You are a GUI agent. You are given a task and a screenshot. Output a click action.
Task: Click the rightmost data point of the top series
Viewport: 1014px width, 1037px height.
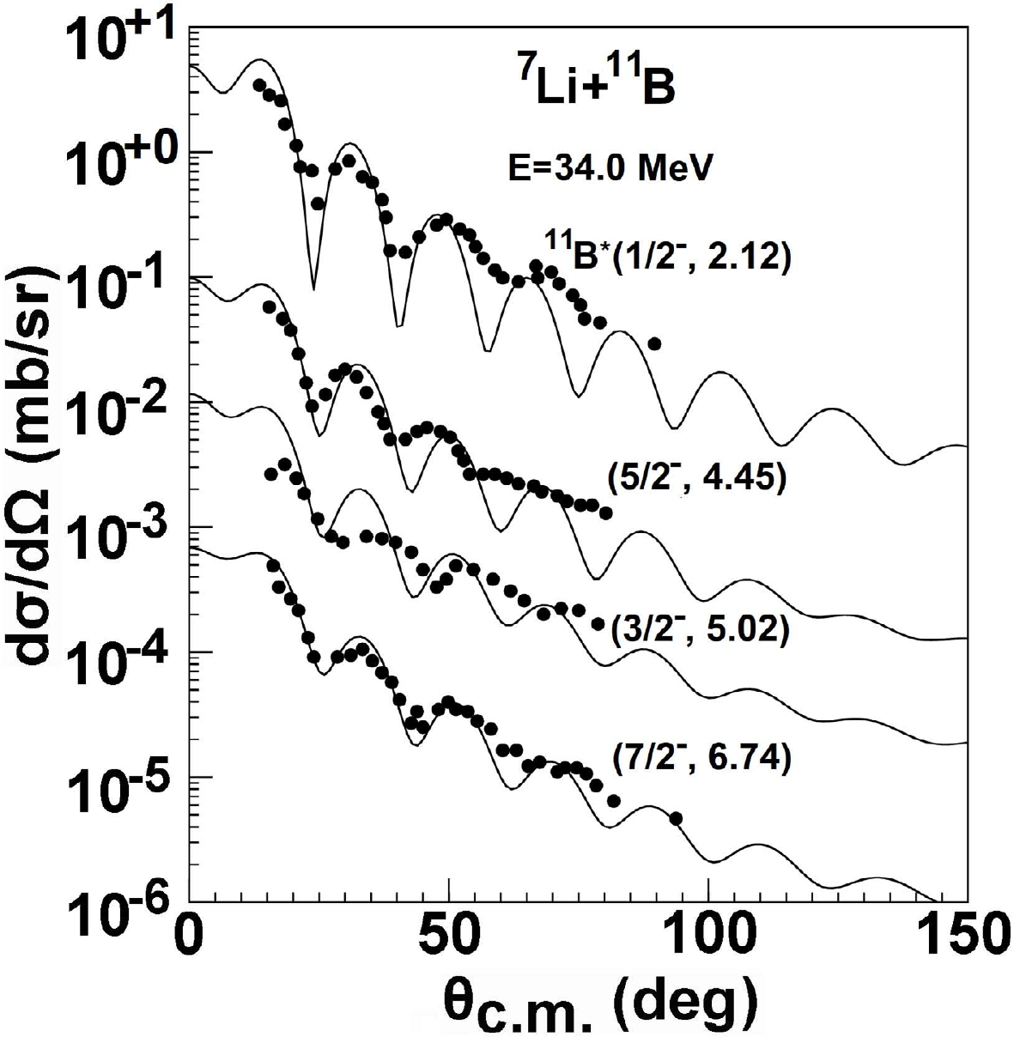pos(654,343)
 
